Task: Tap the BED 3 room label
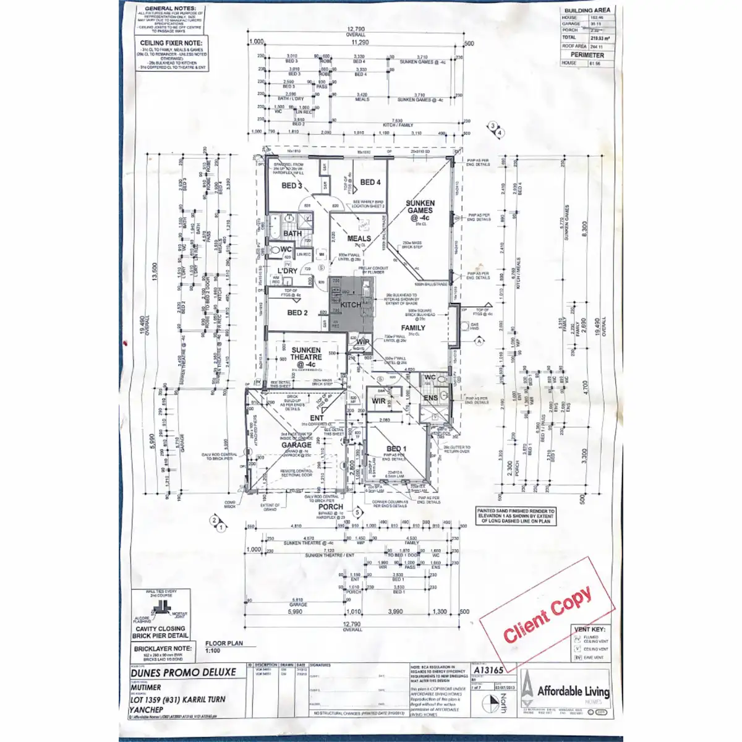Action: coord(291,185)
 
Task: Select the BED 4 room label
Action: coord(370,182)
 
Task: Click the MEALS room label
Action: coord(359,238)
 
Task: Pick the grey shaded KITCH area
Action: coord(351,304)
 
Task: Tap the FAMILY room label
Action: coord(413,328)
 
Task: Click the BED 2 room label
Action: coord(297,313)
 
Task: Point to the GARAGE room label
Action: coord(296,445)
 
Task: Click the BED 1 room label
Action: coord(396,448)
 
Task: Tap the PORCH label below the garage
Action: coord(331,506)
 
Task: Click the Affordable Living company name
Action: coord(573,691)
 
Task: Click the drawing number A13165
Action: coord(488,670)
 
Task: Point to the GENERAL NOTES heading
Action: coord(171,9)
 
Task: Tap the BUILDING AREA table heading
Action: coord(587,11)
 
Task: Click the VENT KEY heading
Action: coord(589,629)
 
